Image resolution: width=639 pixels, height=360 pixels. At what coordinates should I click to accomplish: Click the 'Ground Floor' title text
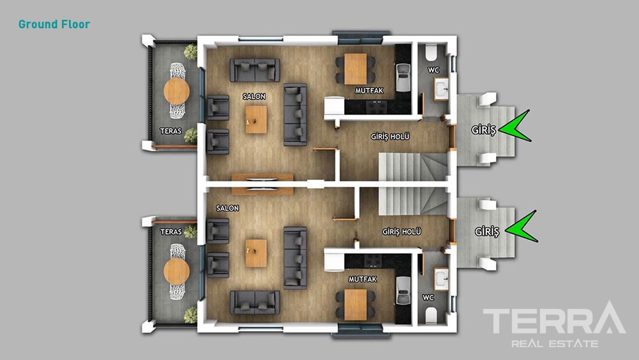54,24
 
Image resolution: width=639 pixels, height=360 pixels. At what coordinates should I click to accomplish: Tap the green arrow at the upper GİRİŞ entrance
514,127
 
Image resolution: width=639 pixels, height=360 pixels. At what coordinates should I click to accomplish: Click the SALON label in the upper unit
254,97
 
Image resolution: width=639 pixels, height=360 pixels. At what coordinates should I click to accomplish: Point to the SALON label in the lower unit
227,208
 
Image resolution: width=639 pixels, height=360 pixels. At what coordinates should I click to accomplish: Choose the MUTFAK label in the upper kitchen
369,91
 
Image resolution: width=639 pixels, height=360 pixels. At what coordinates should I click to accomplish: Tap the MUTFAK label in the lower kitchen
363,279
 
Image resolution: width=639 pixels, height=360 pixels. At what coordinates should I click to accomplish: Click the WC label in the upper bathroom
433,70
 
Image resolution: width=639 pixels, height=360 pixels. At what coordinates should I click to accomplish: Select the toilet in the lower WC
431,315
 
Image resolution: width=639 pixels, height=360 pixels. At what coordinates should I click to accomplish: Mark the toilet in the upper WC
431,52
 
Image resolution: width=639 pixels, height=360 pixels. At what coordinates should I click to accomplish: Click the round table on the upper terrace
176,91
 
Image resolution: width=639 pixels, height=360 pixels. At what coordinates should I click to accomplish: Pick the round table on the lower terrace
176,272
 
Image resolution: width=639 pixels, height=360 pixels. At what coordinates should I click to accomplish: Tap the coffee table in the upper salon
256,120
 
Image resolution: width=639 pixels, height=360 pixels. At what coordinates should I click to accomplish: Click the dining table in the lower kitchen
355,304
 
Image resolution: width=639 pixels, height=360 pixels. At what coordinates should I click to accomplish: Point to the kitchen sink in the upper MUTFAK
403,77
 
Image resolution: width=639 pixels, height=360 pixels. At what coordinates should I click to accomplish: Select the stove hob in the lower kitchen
373,260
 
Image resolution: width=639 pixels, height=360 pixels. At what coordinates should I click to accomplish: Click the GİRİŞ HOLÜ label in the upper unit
390,137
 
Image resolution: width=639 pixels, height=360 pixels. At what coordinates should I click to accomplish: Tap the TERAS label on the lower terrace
171,232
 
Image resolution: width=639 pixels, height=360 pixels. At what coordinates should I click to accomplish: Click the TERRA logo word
554,318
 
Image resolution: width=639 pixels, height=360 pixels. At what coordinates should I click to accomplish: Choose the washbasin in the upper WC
441,89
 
